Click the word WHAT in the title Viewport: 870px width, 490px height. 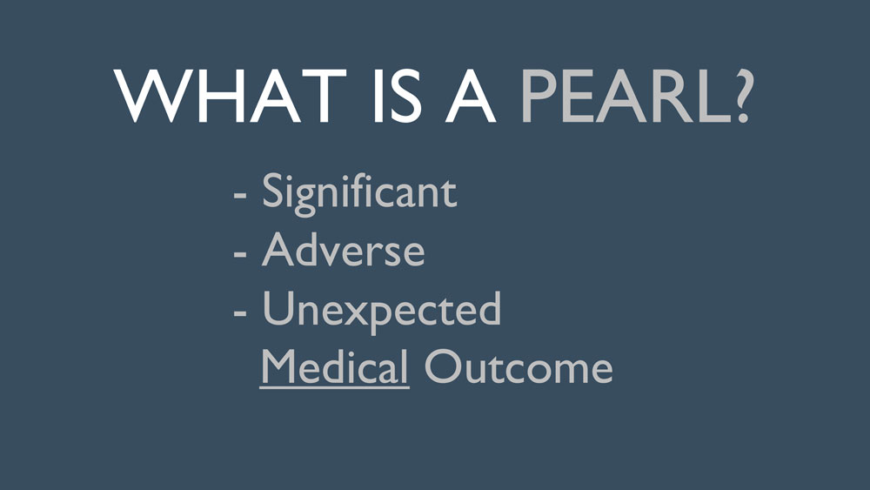coord(231,96)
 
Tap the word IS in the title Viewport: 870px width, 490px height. coord(398,96)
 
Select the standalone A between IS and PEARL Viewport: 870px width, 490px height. coord(471,96)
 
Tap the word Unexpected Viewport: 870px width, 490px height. coord(382,311)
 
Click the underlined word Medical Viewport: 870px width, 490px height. coord(335,366)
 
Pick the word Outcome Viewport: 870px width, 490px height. coord(519,366)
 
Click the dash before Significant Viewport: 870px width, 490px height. coord(240,195)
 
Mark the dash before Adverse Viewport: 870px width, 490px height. coord(240,254)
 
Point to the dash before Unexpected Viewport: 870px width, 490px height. coord(240,313)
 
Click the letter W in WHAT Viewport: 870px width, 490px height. coord(149,97)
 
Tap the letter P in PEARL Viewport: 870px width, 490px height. coord(539,96)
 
